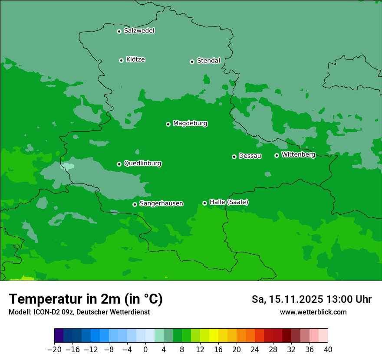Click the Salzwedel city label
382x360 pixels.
pyautogui.click(x=139, y=31)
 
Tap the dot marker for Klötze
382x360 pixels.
pyautogui.click(x=121, y=60)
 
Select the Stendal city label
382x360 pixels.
pyautogui.click(x=208, y=61)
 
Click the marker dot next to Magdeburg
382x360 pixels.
pyautogui.click(x=168, y=124)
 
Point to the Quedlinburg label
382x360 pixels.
pyautogui.click(x=142, y=164)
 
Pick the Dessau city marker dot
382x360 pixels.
pyautogui.click(x=234, y=157)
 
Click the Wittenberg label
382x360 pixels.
pyautogui.click(x=298, y=155)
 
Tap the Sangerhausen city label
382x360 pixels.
pyautogui.click(x=161, y=203)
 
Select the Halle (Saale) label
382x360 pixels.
pyautogui.click(x=229, y=202)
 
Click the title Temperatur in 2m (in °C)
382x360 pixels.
pyautogui.click(x=86, y=299)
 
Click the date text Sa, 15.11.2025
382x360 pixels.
pyautogui.click(x=287, y=299)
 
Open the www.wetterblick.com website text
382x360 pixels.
pyautogui.click(x=313, y=312)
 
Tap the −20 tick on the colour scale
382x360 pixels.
pyautogui.click(x=55, y=350)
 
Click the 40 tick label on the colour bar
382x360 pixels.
pyautogui.click(x=328, y=350)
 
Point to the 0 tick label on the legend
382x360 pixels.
pyautogui.click(x=145, y=350)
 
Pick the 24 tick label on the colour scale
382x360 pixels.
pyautogui.click(x=255, y=350)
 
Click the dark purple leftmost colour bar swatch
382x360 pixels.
pyautogui.click(x=59, y=336)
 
